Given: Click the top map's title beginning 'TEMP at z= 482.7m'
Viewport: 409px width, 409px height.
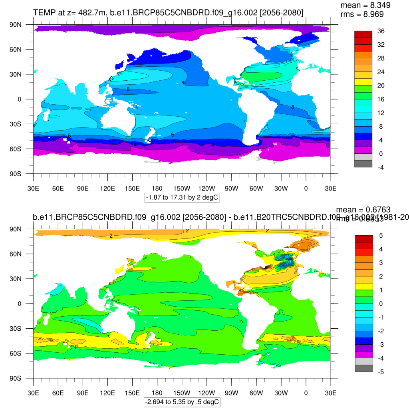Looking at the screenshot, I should click(x=168, y=13).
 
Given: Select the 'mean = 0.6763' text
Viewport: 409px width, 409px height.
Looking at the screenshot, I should click(x=363, y=210).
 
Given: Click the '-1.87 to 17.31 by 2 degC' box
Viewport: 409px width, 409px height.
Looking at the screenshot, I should click(x=182, y=197).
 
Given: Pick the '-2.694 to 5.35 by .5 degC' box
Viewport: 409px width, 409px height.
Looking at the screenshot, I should click(x=182, y=402).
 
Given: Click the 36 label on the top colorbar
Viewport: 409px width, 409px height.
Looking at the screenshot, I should click(x=381, y=31).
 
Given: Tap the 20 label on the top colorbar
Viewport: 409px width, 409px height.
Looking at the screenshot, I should click(x=381, y=85).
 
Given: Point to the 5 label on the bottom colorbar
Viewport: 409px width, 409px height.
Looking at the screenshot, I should click(x=381, y=235).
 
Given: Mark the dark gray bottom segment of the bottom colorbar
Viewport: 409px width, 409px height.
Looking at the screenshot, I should click(x=364, y=368).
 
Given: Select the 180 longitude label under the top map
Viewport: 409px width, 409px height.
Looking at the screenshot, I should click(x=157, y=188).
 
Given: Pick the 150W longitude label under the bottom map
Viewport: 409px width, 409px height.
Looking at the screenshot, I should click(x=182, y=393).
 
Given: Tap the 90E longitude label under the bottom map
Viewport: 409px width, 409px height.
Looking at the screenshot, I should click(x=83, y=393).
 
